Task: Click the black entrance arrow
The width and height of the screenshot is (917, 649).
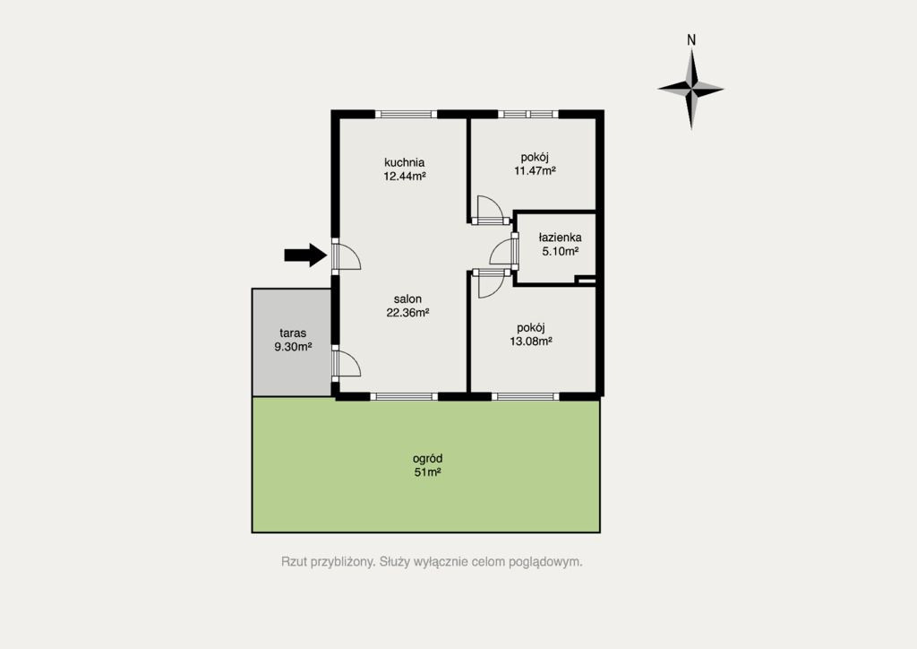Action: pos(305,255)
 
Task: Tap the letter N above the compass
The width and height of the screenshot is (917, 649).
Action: pos(691,39)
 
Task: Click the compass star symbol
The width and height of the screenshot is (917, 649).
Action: pos(691,90)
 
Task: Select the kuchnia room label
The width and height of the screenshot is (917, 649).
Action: pos(404,162)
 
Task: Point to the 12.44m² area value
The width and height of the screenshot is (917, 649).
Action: pos(404,176)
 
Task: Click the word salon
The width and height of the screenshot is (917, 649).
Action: pos(407,299)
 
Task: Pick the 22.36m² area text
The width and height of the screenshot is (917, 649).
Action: pos(407,313)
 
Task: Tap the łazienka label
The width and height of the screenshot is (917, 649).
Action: pos(560,238)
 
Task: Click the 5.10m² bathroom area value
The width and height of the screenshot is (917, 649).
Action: pos(561,251)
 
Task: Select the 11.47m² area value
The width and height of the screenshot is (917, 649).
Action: pos(535,171)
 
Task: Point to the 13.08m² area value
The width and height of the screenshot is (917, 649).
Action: pos(531,342)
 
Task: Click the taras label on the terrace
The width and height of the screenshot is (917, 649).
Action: pos(293,333)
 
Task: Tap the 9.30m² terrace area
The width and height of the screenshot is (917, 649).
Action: pos(293,346)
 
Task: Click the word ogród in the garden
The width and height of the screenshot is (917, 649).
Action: pos(427,459)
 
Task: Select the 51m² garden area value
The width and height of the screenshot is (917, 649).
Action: pos(427,472)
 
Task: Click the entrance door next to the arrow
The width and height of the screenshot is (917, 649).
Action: pos(347,255)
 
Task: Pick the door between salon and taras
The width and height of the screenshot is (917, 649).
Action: pos(347,363)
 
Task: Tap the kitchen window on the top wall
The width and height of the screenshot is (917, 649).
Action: pos(406,114)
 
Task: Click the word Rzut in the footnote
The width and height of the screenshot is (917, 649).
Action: pos(294,562)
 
